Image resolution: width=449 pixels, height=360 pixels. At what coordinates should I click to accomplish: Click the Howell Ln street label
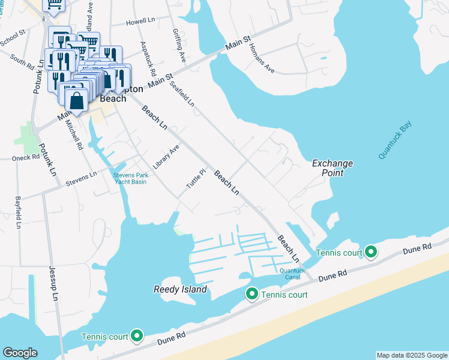point(140,21)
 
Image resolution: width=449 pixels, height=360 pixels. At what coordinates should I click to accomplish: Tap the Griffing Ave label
point(179,46)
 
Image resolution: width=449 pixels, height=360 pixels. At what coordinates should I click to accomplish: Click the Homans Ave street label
point(261,59)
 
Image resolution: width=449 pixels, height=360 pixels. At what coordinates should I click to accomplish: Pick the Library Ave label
point(166,156)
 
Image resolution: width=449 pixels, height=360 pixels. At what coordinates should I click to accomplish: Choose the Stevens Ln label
point(81,179)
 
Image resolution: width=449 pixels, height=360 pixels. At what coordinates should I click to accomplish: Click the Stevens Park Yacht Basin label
point(130,178)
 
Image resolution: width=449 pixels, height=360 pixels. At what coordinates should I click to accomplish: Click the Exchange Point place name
point(332,168)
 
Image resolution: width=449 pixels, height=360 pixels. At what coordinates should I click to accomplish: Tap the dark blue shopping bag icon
point(77,101)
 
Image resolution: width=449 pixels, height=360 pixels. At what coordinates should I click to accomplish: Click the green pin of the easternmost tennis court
point(371,252)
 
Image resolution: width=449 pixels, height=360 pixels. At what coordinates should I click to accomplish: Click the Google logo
point(20,353)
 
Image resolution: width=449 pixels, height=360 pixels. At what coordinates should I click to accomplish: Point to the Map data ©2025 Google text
point(411,355)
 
